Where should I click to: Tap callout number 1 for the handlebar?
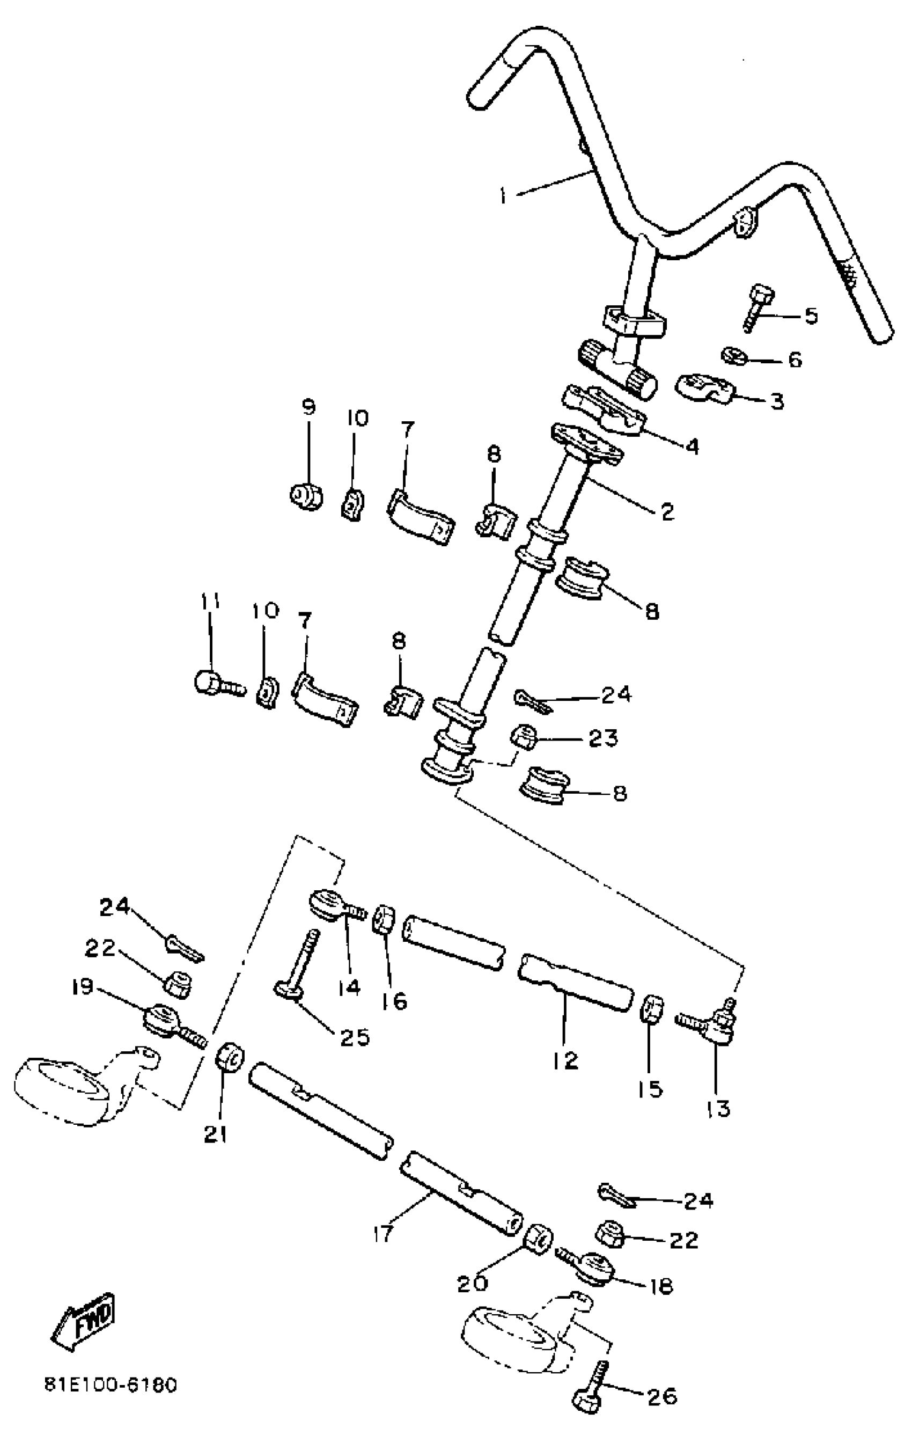(x=504, y=196)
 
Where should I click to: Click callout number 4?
(x=693, y=446)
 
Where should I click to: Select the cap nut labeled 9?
(x=306, y=496)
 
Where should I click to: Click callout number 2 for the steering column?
(x=667, y=511)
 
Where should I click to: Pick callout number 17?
(x=383, y=1233)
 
